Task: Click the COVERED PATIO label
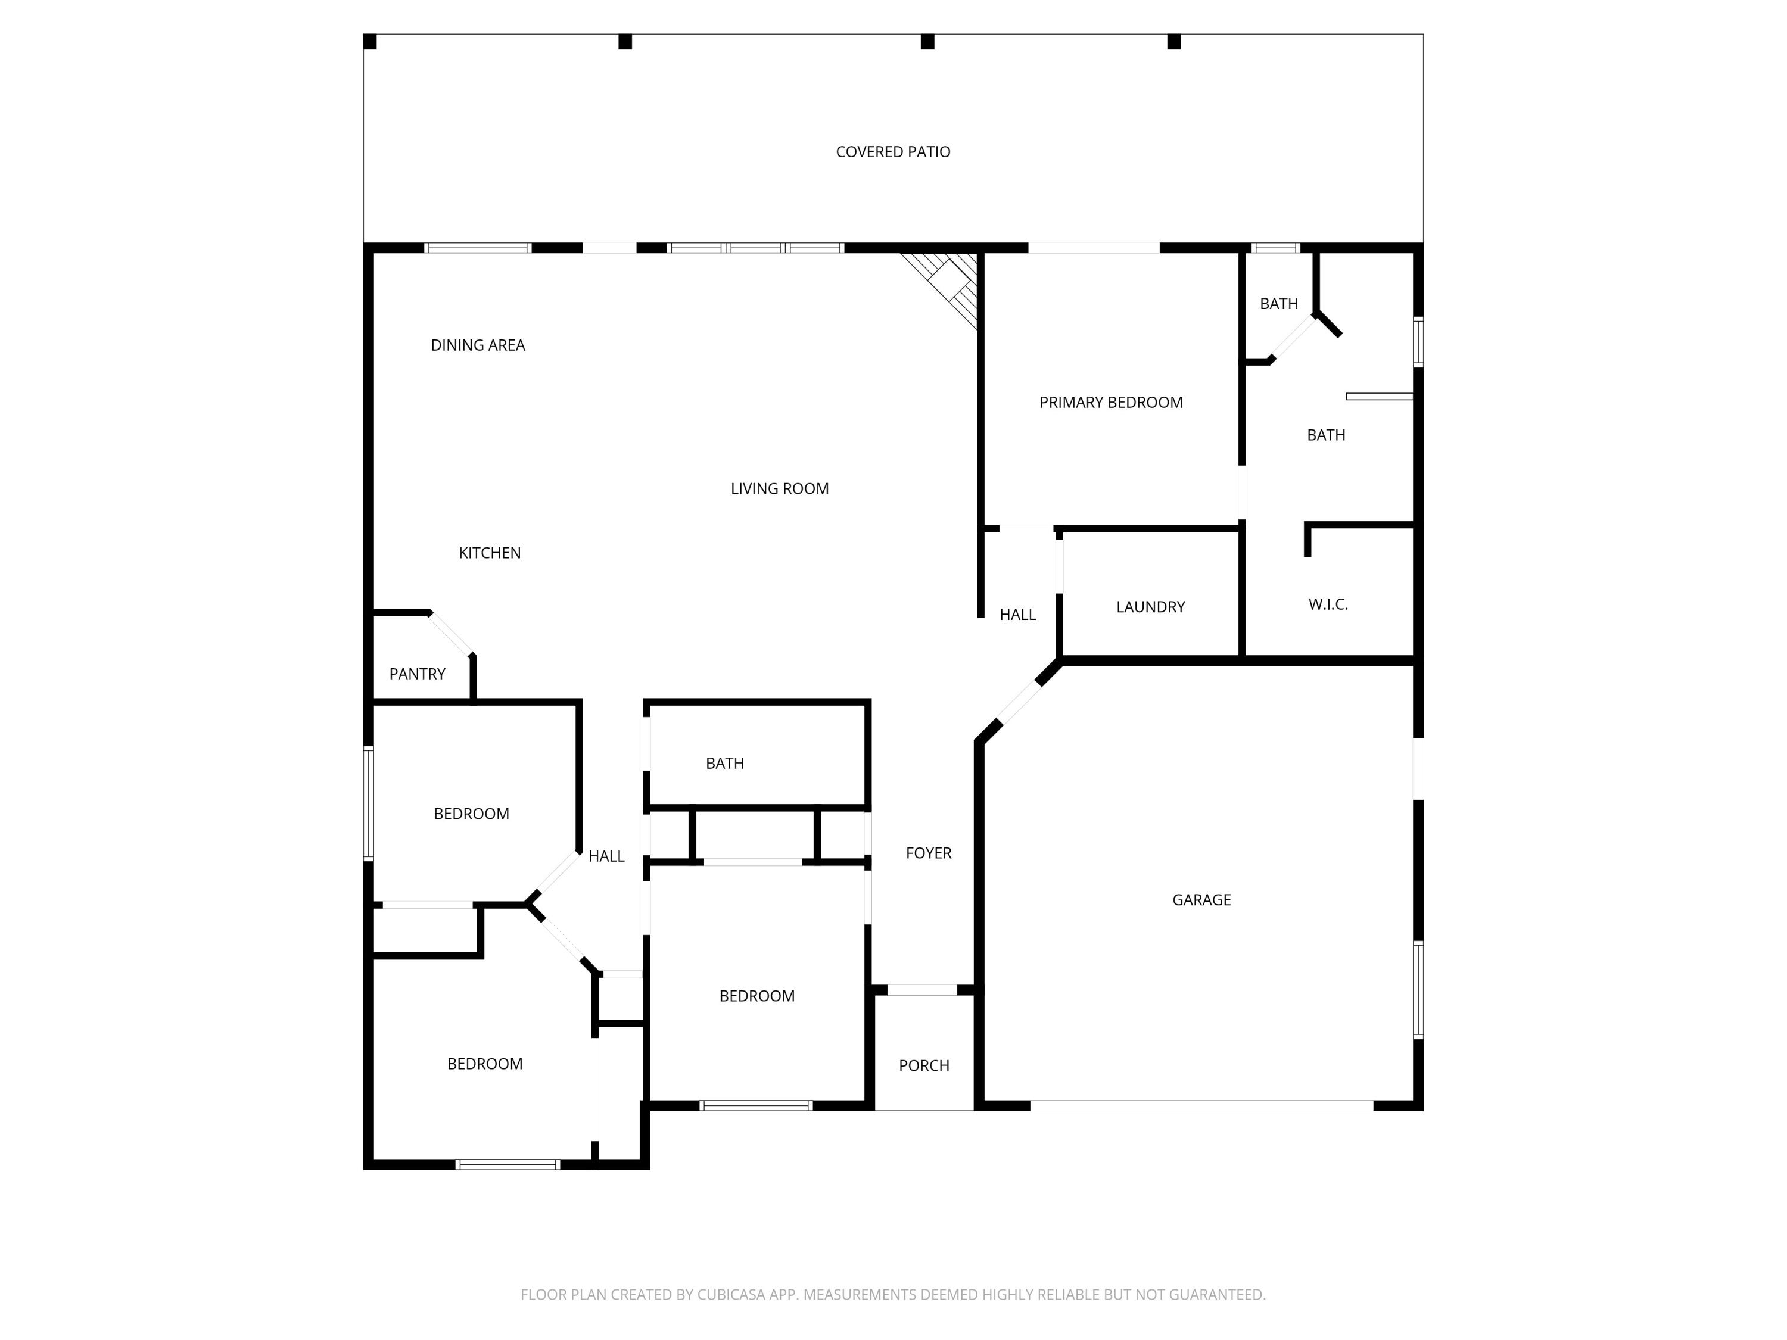[893, 152]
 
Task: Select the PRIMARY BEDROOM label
[1111, 402]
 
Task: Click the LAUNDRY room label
[1150, 607]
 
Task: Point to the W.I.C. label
[1328, 604]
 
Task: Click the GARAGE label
[1201, 900]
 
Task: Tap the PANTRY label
[417, 674]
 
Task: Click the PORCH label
[923, 1065]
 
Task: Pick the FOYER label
[928, 853]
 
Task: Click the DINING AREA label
[478, 345]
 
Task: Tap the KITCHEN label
[490, 553]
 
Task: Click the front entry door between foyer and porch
[921, 989]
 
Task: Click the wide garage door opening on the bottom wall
[1201, 1105]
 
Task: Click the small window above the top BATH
[1275, 248]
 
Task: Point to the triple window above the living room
[755, 248]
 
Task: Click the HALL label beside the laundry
[1017, 615]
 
